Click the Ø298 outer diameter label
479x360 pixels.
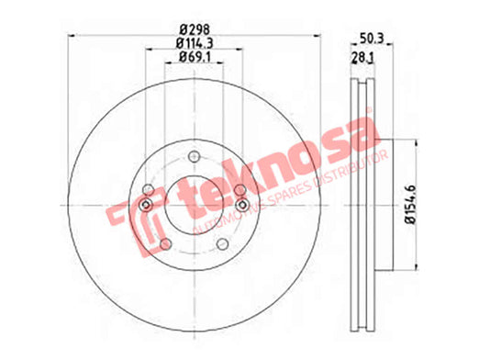pos(195,29)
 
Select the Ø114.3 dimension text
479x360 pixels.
pos(195,43)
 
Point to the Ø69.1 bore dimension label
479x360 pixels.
pos(195,57)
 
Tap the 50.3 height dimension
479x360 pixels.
pos(372,39)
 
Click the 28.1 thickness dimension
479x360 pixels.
pos(362,58)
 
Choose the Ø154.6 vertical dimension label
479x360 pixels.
pos(411,205)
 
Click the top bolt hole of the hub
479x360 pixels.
pos(194,157)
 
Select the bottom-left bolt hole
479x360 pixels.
pos(165,244)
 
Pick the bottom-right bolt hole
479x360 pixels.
pos(222,244)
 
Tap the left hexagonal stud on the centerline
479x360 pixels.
pos(146,205)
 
